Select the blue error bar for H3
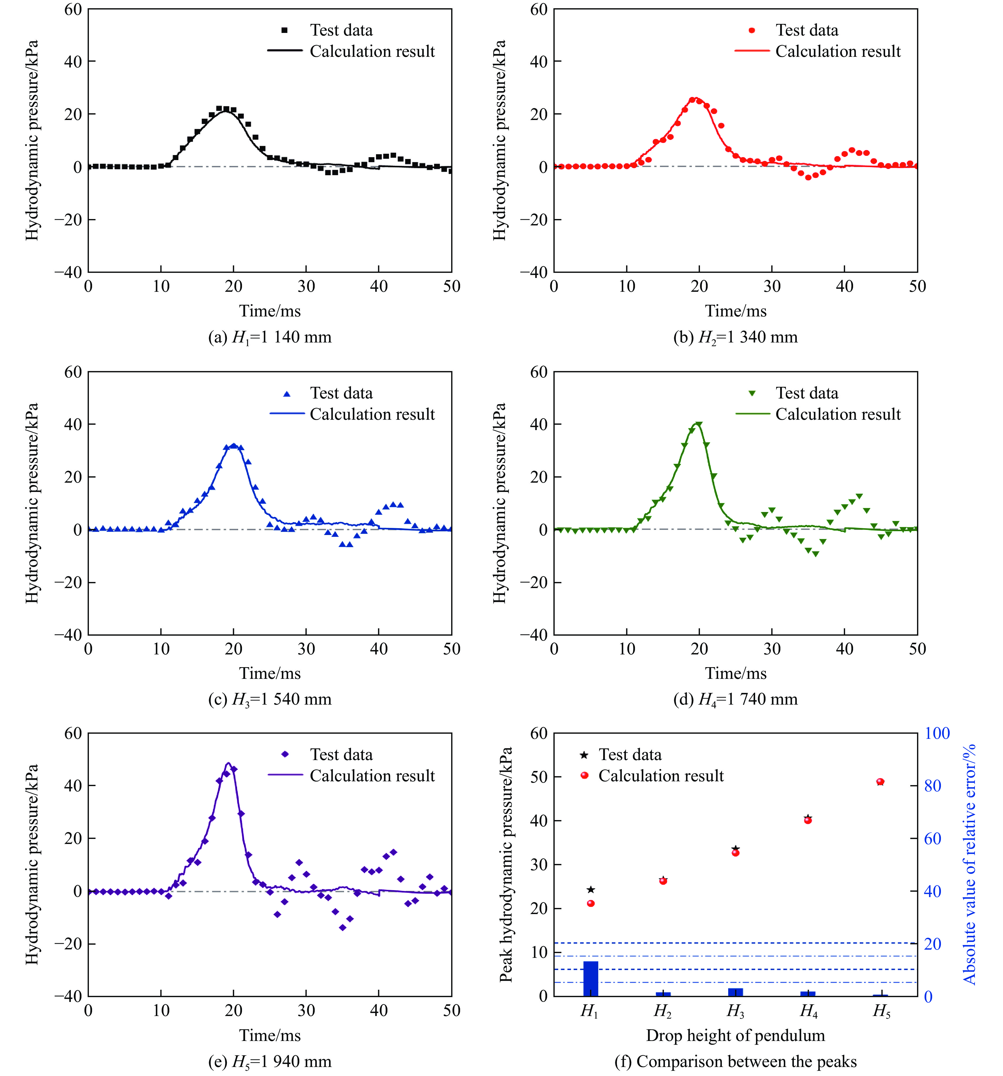pos(735,992)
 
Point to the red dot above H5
pos(880,782)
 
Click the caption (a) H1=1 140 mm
pos(269,337)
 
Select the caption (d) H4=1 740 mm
pos(735,699)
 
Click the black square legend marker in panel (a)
pos(284,30)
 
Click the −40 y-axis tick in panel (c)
pos(69,634)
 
